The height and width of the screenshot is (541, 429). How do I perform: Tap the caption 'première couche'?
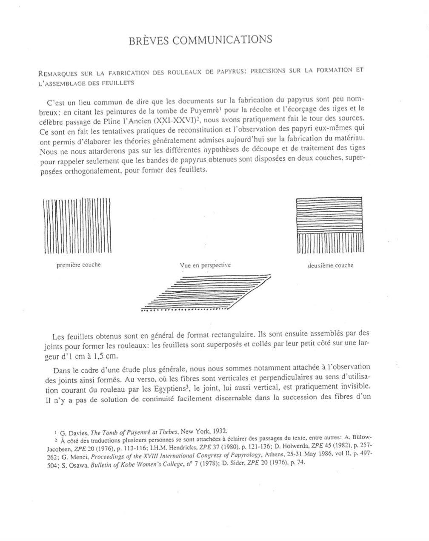click(x=79, y=265)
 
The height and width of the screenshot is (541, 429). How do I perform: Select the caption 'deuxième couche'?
click(x=330, y=265)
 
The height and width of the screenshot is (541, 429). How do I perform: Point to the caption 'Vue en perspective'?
click(x=205, y=265)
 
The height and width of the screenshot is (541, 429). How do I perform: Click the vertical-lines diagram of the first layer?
click(x=77, y=226)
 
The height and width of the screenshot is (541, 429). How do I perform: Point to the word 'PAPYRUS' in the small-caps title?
click(x=228, y=72)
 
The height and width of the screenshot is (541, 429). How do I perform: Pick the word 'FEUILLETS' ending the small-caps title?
click(x=117, y=83)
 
